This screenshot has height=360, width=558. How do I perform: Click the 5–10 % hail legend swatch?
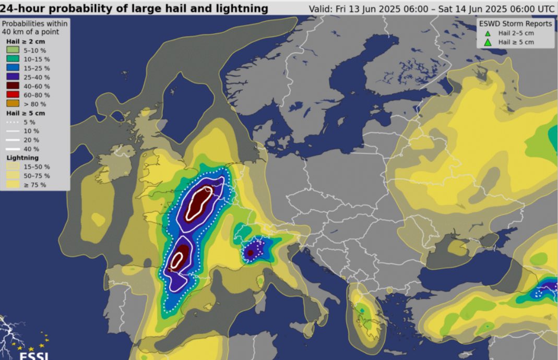[x=13, y=50]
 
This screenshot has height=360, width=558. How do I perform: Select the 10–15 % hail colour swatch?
[x=13, y=59]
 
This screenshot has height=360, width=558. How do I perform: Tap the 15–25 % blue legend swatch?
[x=13, y=68]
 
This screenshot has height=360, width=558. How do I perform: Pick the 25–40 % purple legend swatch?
[x=13, y=77]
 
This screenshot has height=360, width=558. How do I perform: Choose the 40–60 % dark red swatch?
[x=13, y=86]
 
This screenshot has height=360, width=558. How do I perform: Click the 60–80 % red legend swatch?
[x=13, y=94]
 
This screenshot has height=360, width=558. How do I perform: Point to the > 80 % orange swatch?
[x=13, y=103]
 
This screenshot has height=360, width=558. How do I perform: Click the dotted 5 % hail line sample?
[x=13, y=122]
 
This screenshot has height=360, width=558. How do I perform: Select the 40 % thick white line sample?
[x=13, y=149]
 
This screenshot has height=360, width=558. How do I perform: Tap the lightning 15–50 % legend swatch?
[x=13, y=166]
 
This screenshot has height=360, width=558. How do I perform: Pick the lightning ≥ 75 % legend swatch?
[x=13, y=185]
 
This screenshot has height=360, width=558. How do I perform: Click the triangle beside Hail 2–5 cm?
[x=488, y=33]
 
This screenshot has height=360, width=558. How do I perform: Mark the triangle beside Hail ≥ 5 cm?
[x=488, y=42]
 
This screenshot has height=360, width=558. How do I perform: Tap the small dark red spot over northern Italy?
[x=251, y=253]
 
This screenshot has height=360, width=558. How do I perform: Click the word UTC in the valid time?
[x=545, y=9]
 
